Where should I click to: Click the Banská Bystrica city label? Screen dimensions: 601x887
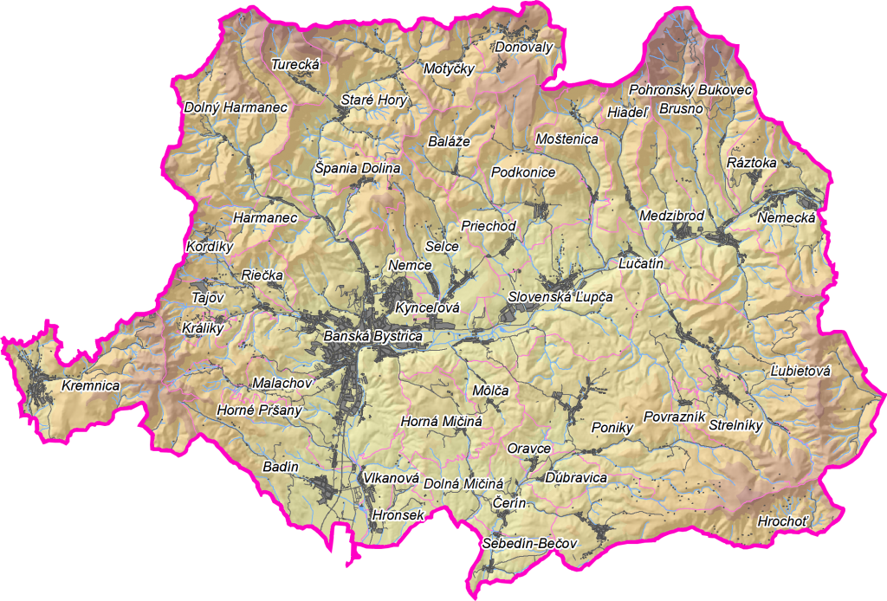click(x=372, y=336)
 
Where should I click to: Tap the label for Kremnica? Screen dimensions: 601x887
click(x=90, y=385)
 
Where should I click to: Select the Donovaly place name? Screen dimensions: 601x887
click(x=523, y=48)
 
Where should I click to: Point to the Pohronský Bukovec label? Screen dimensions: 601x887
click(x=690, y=89)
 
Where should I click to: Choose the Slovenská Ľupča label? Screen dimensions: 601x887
click(x=560, y=297)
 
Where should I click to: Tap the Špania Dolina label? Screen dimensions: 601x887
click(x=357, y=168)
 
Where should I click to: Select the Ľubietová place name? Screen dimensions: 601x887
click(x=800, y=372)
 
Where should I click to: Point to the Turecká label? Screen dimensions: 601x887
click(x=296, y=64)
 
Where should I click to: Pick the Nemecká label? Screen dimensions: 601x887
click(x=787, y=218)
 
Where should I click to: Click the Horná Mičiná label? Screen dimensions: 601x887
click(x=441, y=422)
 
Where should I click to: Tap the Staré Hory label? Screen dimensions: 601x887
click(x=373, y=100)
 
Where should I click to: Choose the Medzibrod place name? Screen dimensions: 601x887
click(x=671, y=216)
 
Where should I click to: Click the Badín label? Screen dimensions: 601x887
click(x=280, y=468)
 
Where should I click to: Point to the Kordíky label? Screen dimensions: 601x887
click(x=210, y=247)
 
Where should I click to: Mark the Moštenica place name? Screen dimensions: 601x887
click(x=567, y=139)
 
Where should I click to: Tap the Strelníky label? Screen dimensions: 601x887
click(x=735, y=425)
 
